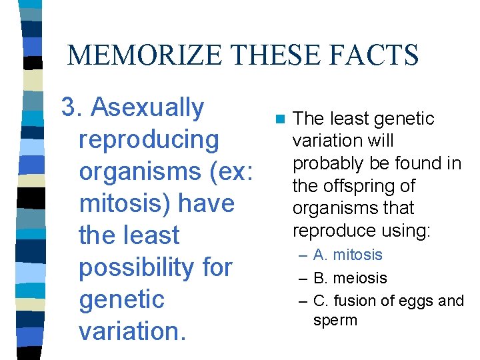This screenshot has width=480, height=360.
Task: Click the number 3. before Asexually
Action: tap(72, 107)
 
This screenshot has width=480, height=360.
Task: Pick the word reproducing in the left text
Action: tap(149, 139)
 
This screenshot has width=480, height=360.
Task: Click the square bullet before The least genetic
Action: tap(279, 120)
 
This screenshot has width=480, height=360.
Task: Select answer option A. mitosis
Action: tap(347, 255)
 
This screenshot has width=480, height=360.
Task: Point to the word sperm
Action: tap(335, 320)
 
